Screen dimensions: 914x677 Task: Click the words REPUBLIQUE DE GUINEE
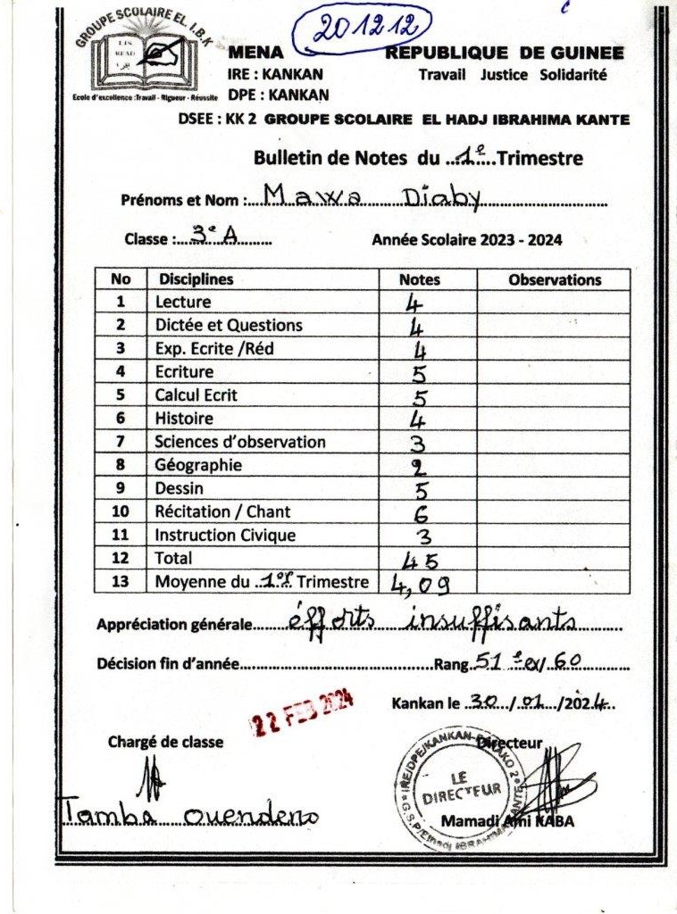point(505,54)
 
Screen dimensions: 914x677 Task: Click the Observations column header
point(555,279)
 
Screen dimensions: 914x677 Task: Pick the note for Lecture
point(414,302)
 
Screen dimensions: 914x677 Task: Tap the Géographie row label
point(197,465)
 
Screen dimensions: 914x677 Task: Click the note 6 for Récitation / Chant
point(422,512)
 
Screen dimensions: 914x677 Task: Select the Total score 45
point(421,560)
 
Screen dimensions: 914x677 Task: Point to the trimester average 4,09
point(420,584)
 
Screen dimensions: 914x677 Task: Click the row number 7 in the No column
point(121,442)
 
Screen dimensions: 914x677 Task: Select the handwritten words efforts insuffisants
point(432,619)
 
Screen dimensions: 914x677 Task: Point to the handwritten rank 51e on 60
point(530,661)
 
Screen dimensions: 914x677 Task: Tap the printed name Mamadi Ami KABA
point(507,822)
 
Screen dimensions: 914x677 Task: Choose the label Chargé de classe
point(165,742)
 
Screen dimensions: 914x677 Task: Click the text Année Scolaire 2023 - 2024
point(466,239)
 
